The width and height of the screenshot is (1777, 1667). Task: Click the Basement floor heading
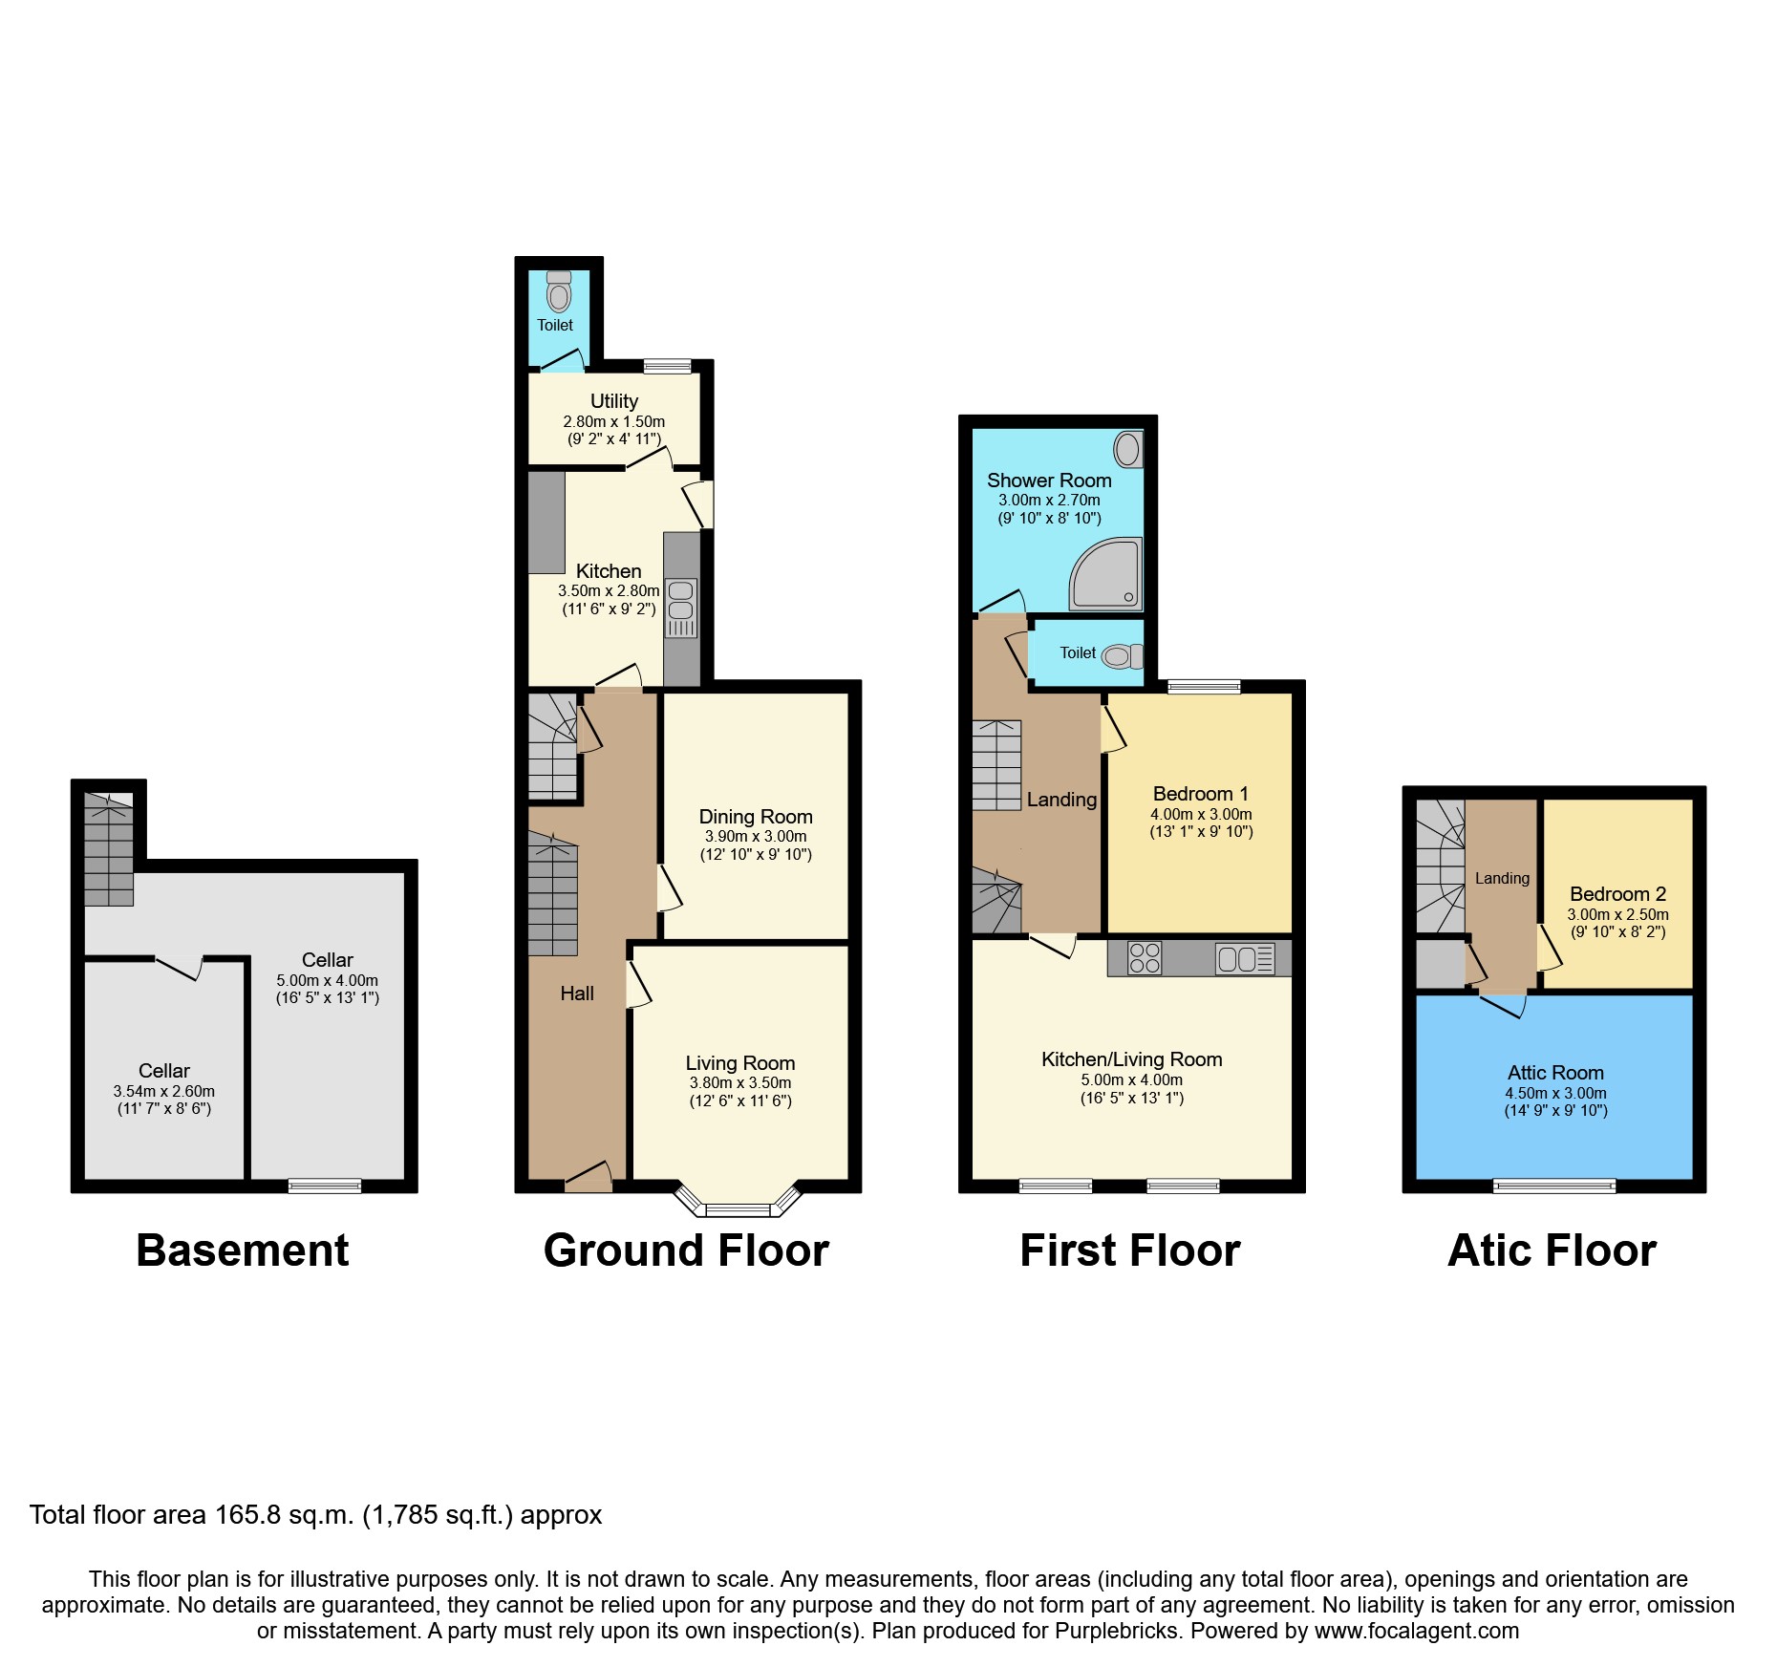243,1250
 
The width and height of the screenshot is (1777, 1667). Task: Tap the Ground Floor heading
686,1250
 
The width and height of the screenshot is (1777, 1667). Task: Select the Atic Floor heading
1552,1250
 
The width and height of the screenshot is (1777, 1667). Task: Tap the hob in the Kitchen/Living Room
1145,958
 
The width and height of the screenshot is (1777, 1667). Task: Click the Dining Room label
756,817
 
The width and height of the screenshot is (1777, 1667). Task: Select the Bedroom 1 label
1201,794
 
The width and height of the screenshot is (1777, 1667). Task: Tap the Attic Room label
1555,1073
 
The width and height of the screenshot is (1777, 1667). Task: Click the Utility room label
614,401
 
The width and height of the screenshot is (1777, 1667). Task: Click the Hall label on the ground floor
577,994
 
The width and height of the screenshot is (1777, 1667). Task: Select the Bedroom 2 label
1618,894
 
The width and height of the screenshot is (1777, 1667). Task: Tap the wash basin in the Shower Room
1129,449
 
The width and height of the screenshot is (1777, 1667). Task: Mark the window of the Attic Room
1554,1186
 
